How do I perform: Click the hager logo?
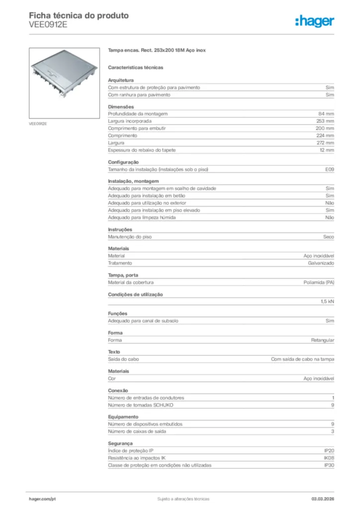click(315, 21)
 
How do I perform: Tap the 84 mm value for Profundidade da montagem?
click(326, 114)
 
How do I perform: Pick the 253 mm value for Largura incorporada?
click(325, 121)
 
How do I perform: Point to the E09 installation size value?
click(329, 170)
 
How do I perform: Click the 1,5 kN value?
click(327, 301)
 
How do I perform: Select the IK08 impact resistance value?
click(329, 458)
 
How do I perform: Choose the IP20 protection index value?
click(329, 450)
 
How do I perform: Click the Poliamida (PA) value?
click(319, 282)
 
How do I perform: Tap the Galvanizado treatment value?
click(321, 263)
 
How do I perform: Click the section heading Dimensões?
click(121, 107)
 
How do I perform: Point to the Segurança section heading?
click(120, 443)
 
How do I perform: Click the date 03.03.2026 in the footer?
click(323, 499)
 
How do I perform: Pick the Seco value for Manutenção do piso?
click(328, 237)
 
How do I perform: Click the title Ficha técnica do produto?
click(79, 15)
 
